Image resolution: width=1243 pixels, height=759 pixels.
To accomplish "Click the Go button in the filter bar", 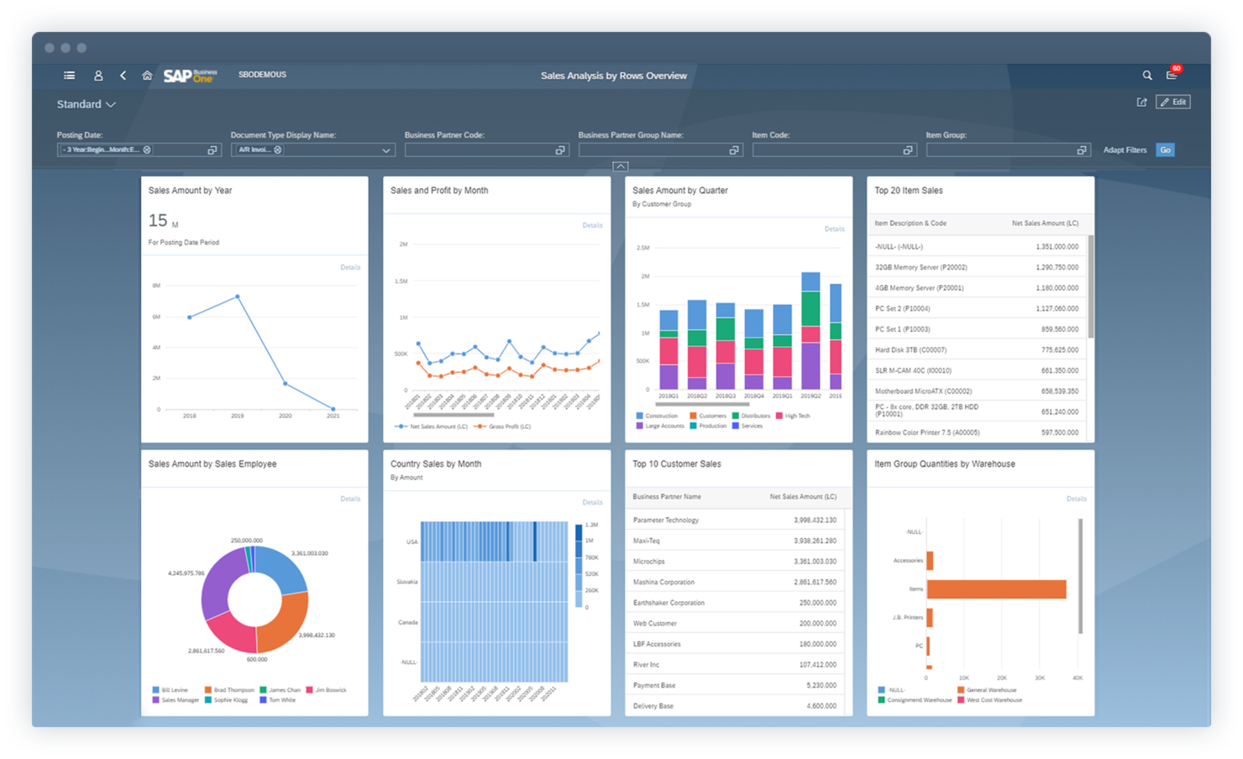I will (x=1165, y=150).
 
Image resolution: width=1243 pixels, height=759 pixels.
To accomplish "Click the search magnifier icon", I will (x=1147, y=76).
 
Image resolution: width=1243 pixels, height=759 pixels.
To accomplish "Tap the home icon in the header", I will (x=147, y=76).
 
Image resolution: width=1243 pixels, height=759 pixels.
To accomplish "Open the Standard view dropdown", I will (x=86, y=104).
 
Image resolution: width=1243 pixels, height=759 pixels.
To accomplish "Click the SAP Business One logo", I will (x=190, y=76).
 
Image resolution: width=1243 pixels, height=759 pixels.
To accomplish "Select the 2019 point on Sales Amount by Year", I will (x=238, y=296).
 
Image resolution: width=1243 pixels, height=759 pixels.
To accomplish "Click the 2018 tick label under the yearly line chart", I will (x=190, y=416).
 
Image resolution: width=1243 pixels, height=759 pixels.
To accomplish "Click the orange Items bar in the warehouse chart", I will (x=996, y=589).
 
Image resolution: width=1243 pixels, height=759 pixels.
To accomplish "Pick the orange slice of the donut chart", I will (x=286, y=621).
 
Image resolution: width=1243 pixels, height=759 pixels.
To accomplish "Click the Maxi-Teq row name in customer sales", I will (x=647, y=541).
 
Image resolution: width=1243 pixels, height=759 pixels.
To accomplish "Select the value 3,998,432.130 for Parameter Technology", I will (x=815, y=521).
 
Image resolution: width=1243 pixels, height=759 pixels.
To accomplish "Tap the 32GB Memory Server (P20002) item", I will (x=920, y=267).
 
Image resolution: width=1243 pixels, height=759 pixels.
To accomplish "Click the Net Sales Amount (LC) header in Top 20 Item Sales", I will (x=1045, y=223).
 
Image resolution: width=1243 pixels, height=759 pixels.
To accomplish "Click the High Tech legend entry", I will (x=797, y=416).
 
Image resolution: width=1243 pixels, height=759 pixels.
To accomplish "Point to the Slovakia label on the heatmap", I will (x=407, y=582).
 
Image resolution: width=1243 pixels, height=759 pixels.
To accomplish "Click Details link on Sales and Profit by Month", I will (x=592, y=225).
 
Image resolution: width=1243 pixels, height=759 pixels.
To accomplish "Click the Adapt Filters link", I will (x=1125, y=150).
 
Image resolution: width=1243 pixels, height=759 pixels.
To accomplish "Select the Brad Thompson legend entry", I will (x=233, y=690).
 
